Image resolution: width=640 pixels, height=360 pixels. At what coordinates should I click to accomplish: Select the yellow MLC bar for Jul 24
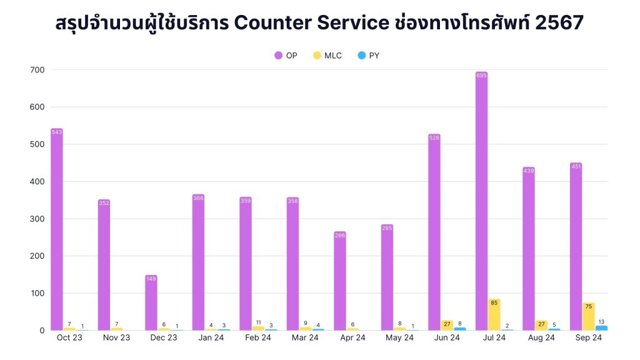point(494,316)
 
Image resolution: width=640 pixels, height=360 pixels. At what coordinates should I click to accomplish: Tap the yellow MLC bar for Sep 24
point(589,317)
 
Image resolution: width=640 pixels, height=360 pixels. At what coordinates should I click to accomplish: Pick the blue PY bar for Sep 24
point(601,327)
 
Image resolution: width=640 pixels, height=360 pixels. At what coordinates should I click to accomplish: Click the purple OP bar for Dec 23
point(151,303)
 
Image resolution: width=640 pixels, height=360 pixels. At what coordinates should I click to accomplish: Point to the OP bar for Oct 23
point(57,231)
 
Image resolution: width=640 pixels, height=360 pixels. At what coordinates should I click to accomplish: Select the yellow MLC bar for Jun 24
point(447,325)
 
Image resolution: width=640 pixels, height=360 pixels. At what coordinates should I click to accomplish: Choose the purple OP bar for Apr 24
point(340,281)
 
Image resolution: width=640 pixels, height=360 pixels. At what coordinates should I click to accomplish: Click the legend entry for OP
point(286,56)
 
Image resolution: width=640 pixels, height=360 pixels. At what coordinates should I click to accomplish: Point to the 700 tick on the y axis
point(36,70)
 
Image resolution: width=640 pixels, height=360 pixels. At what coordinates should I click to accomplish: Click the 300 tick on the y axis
point(36,219)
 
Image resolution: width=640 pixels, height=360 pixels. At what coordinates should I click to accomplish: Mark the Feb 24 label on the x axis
point(257,338)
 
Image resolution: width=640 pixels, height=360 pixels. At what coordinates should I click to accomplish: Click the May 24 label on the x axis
point(399,338)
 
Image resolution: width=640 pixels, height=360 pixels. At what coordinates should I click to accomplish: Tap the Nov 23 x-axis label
point(116,338)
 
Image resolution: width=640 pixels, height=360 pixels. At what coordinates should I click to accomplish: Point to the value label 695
point(481,76)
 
